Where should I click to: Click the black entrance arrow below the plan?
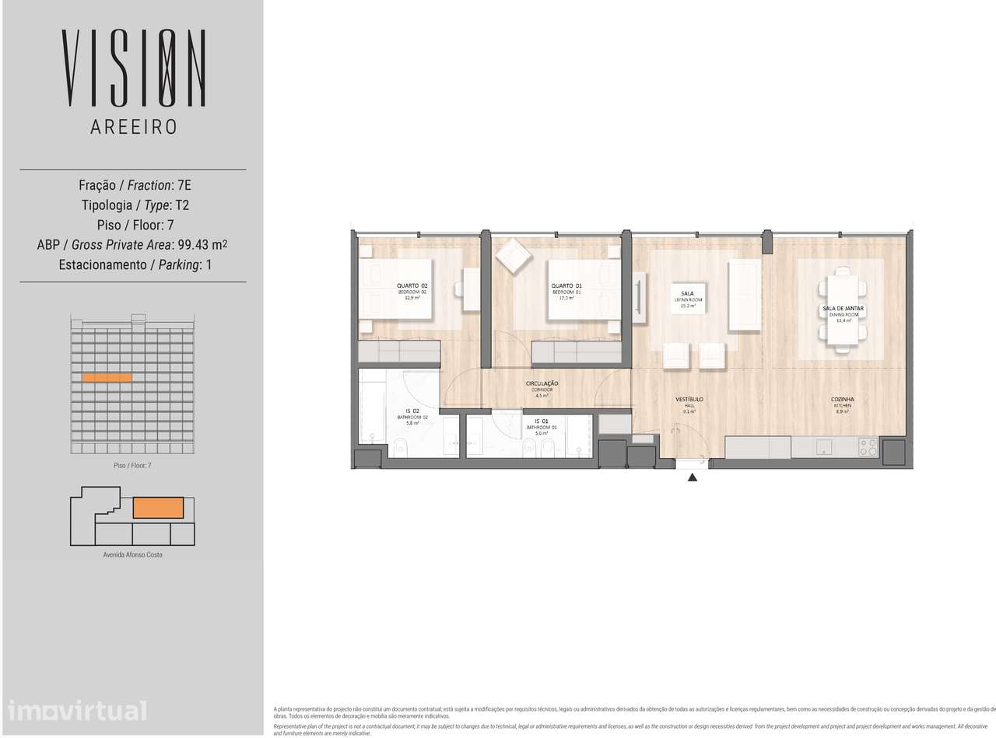click(693, 478)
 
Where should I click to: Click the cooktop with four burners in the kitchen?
click(868, 447)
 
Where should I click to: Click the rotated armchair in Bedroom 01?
click(511, 257)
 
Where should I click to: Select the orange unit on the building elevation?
click(107, 378)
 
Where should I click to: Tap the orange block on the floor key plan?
click(159, 508)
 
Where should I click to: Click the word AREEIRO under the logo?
click(133, 127)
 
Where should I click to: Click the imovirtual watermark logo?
click(76, 710)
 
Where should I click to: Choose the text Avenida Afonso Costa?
click(133, 554)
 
